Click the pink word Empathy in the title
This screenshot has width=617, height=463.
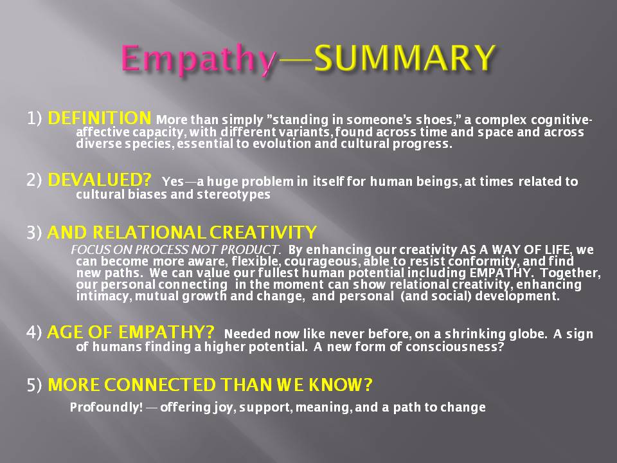(199, 59)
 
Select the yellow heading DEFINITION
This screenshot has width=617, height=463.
(99, 118)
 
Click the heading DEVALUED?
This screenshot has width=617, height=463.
(99, 180)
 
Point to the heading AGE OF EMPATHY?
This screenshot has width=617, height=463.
(130, 332)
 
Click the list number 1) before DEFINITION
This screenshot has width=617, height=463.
(34, 118)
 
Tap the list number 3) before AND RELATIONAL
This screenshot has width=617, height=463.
(34, 233)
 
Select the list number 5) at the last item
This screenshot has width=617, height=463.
(34, 385)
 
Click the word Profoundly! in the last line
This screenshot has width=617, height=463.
(106, 407)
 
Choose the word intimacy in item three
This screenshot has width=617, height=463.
(104, 296)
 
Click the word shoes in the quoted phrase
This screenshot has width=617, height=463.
(435, 120)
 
